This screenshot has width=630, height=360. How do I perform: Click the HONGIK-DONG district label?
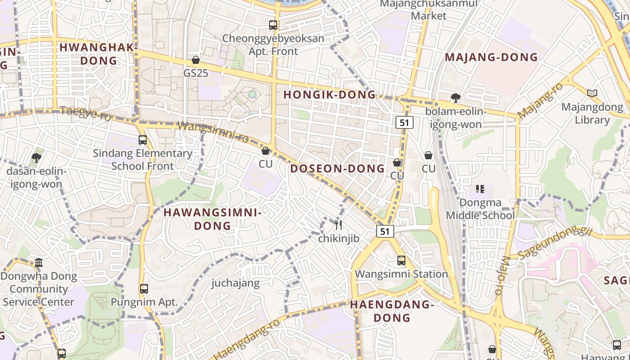329,94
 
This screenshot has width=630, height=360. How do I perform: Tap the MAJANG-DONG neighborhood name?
491,57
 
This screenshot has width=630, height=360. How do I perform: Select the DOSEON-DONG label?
337,169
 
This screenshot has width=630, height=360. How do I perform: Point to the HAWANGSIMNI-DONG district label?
212,219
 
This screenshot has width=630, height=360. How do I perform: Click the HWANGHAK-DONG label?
98,54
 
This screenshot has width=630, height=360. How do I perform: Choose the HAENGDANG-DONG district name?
391,311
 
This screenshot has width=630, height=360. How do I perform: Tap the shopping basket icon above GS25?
196,60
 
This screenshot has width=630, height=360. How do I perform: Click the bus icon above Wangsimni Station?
401,261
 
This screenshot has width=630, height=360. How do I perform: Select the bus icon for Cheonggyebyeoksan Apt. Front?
273,25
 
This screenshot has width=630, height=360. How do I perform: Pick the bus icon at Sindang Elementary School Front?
143,140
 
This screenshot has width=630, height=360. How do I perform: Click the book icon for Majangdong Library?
592,94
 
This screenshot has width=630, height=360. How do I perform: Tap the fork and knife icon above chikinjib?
338,225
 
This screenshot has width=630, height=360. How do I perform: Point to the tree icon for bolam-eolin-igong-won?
455,98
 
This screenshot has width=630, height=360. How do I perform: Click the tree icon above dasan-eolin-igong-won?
36,158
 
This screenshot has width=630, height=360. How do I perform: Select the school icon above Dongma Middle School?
480,189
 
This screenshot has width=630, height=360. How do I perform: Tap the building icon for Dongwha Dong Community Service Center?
39,262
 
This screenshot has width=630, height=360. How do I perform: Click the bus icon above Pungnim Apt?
144,288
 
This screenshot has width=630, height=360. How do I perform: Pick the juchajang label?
236,283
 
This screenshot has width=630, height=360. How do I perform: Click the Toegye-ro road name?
85,112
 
